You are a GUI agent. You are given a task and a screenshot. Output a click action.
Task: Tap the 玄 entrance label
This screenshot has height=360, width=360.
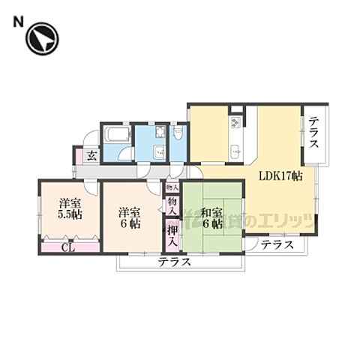coord(91,156)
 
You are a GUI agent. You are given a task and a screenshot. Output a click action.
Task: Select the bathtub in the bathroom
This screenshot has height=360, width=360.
coord(116,135)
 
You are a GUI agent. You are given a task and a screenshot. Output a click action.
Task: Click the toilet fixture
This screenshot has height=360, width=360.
coord(178,132)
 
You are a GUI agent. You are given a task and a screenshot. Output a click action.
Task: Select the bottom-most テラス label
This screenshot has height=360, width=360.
coord(174,262)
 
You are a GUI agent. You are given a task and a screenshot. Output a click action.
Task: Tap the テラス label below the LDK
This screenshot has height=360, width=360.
coord(277,245)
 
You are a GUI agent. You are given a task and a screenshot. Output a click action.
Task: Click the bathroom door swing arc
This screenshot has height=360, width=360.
coord(125,155)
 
